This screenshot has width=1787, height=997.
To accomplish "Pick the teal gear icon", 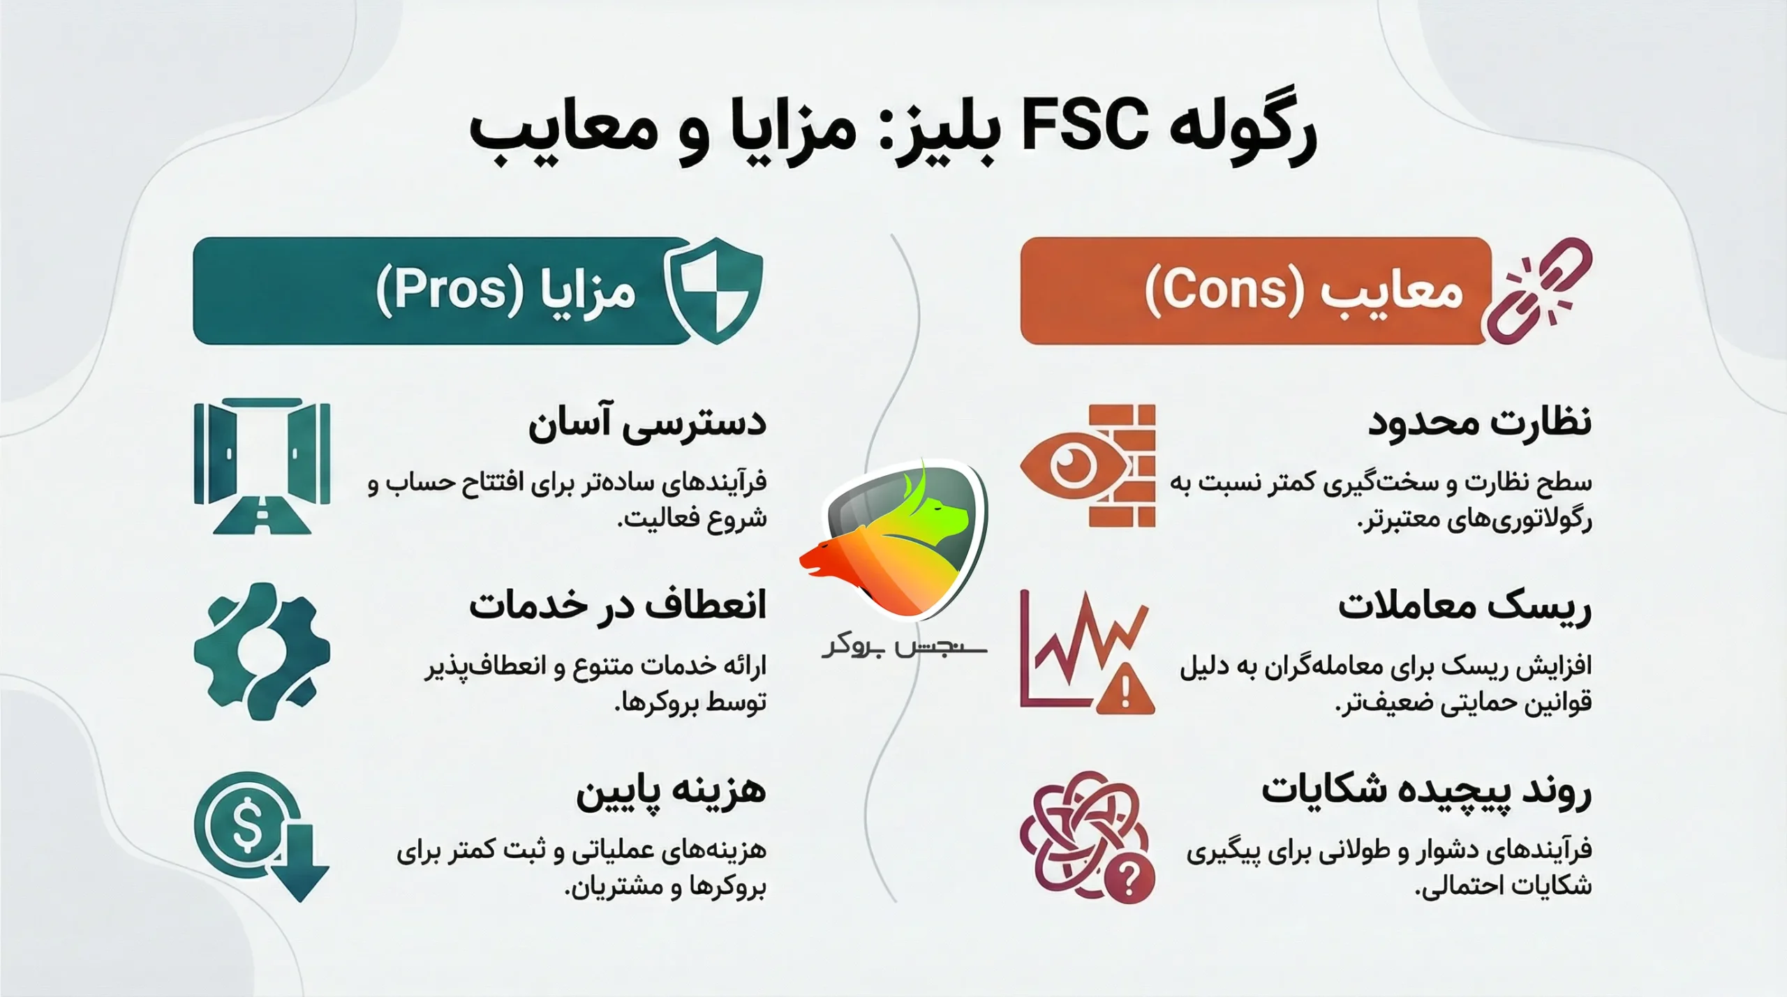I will (262, 652).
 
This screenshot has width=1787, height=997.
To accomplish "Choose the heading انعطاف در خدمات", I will (617, 606).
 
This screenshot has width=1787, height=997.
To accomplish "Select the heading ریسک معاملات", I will (1465, 606).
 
